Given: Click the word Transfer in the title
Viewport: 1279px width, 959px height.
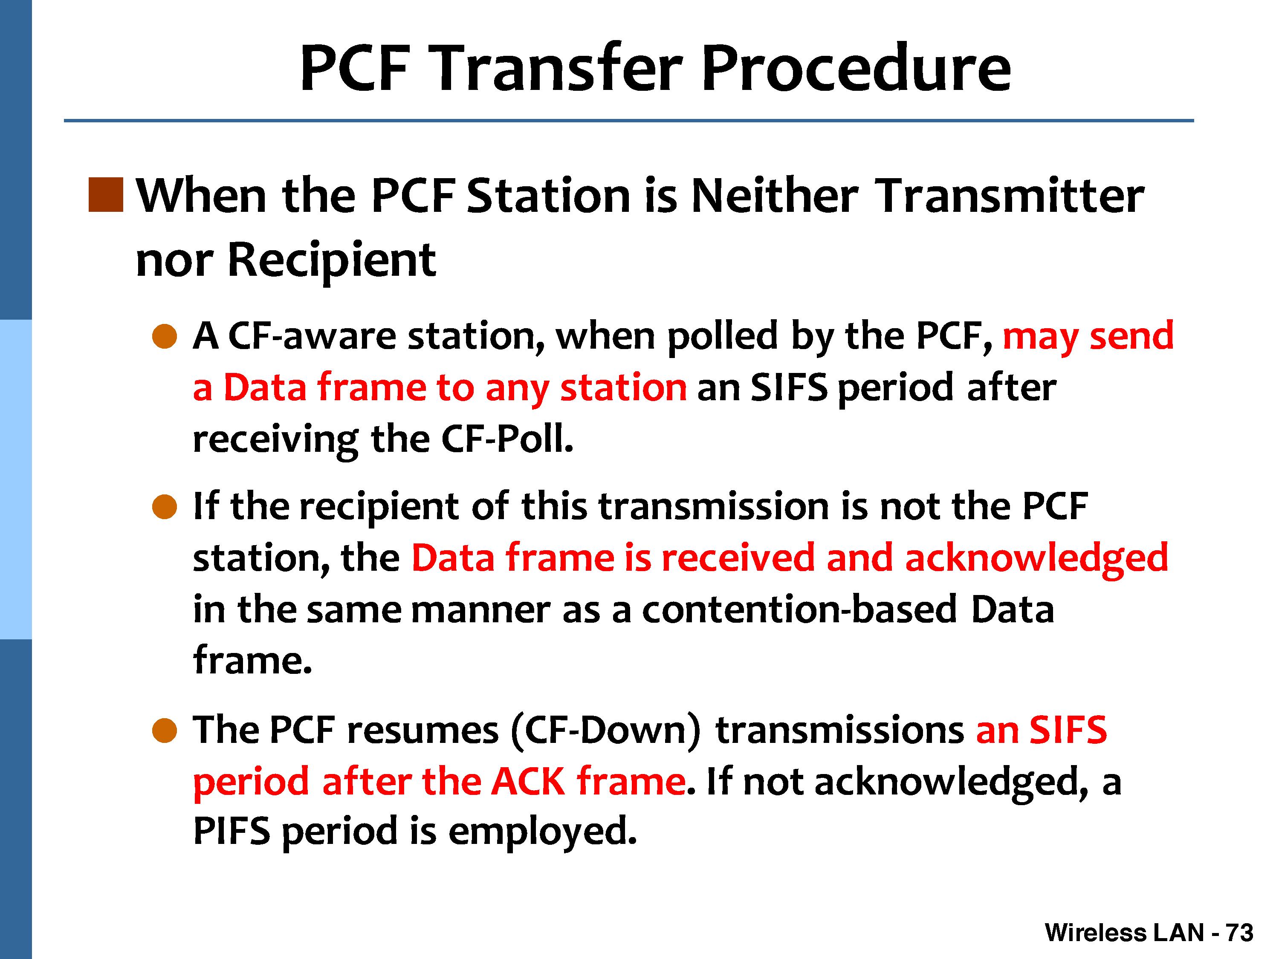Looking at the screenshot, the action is [x=558, y=68].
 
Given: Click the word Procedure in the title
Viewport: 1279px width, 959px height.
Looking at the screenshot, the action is [x=857, y=68].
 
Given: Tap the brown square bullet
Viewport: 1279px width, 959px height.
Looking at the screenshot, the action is [x=106, y=195].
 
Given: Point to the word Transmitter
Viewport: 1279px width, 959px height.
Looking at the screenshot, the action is [x=1010, y=195].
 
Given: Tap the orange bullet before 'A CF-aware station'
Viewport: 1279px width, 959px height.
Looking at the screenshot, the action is [x=164, y=336].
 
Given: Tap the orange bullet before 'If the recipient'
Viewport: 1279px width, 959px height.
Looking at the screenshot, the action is [x=164, y=507].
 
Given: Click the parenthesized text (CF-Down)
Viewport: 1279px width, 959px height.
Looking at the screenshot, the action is [x=606, y=731].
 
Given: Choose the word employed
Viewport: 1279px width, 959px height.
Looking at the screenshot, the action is [x=542, y=832].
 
